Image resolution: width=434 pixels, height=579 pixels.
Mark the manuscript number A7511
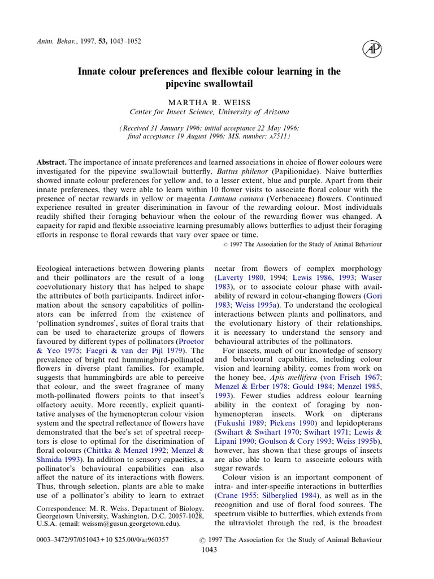coord(277,137)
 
